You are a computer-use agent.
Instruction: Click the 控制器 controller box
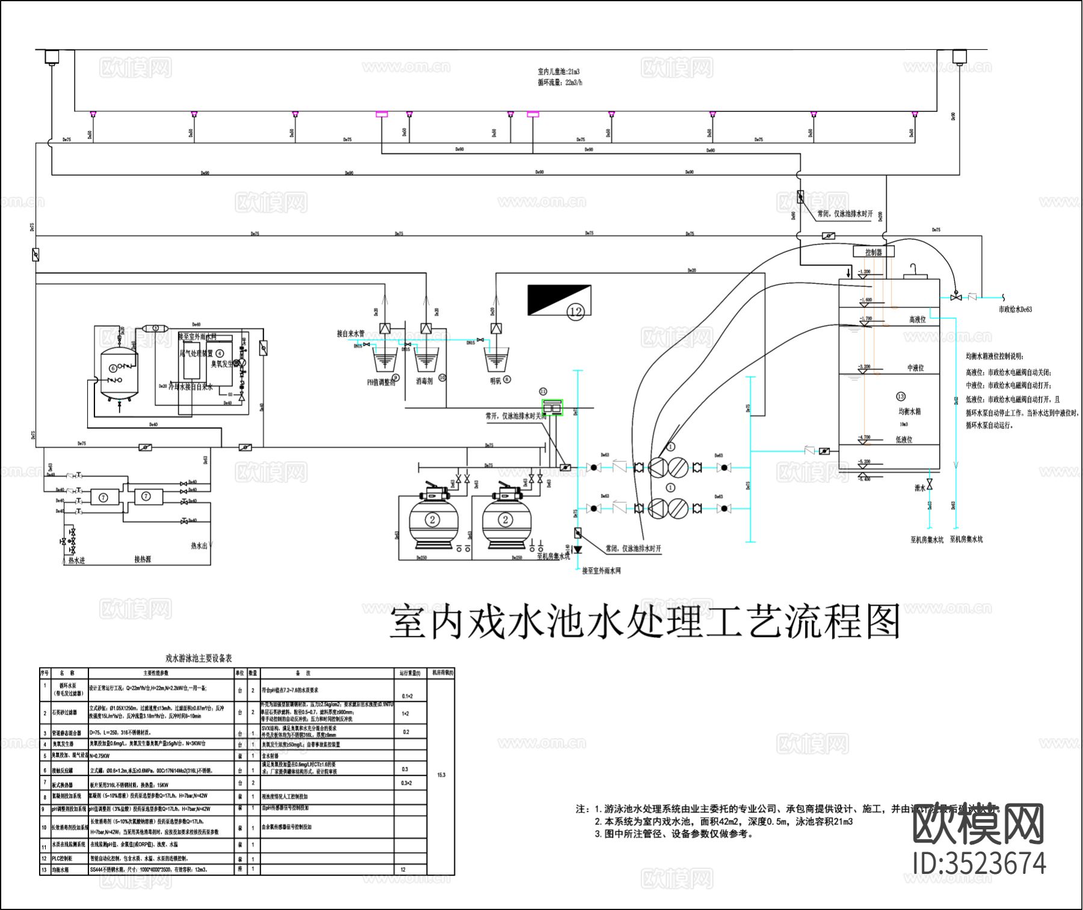(874, 252)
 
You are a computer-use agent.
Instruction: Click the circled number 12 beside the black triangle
(576, 311)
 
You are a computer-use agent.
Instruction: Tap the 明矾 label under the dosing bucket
(495, 381)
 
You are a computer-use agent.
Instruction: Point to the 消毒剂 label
(424, 381)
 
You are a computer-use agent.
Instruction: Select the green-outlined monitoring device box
(552, 407)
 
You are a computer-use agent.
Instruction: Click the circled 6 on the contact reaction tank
(113, 368)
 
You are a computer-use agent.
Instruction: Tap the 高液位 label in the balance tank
(917, 319)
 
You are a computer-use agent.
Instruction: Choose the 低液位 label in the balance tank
(904, 440)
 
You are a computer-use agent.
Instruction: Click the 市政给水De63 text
(1015, 309)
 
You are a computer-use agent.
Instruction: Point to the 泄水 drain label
(919, 488)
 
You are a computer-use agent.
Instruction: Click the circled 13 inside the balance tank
(900, 396)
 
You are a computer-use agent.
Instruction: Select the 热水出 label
(199, 546)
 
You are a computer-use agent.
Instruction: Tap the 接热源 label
(143, 559)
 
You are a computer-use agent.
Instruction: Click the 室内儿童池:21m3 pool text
(558, 72)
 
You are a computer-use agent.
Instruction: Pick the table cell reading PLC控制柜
(62, 858)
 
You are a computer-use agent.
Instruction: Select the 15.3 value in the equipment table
(441, 775)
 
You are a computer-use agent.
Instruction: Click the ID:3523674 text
(979, 864)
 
